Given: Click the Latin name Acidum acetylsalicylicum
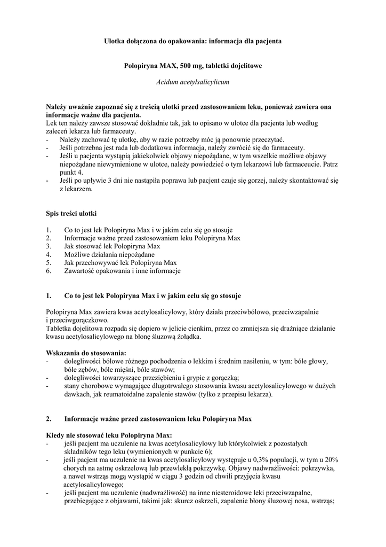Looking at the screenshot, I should (193, 83).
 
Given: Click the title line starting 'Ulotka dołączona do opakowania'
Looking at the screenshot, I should (193, 41).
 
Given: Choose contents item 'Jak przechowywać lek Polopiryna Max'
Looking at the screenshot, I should (120, 263).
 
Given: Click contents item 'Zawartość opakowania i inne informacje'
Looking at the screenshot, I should (122, 271).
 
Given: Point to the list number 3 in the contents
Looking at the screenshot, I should (49, 246).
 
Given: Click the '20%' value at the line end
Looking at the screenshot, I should (331, 459).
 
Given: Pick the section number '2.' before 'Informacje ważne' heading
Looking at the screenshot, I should (49, 419).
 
